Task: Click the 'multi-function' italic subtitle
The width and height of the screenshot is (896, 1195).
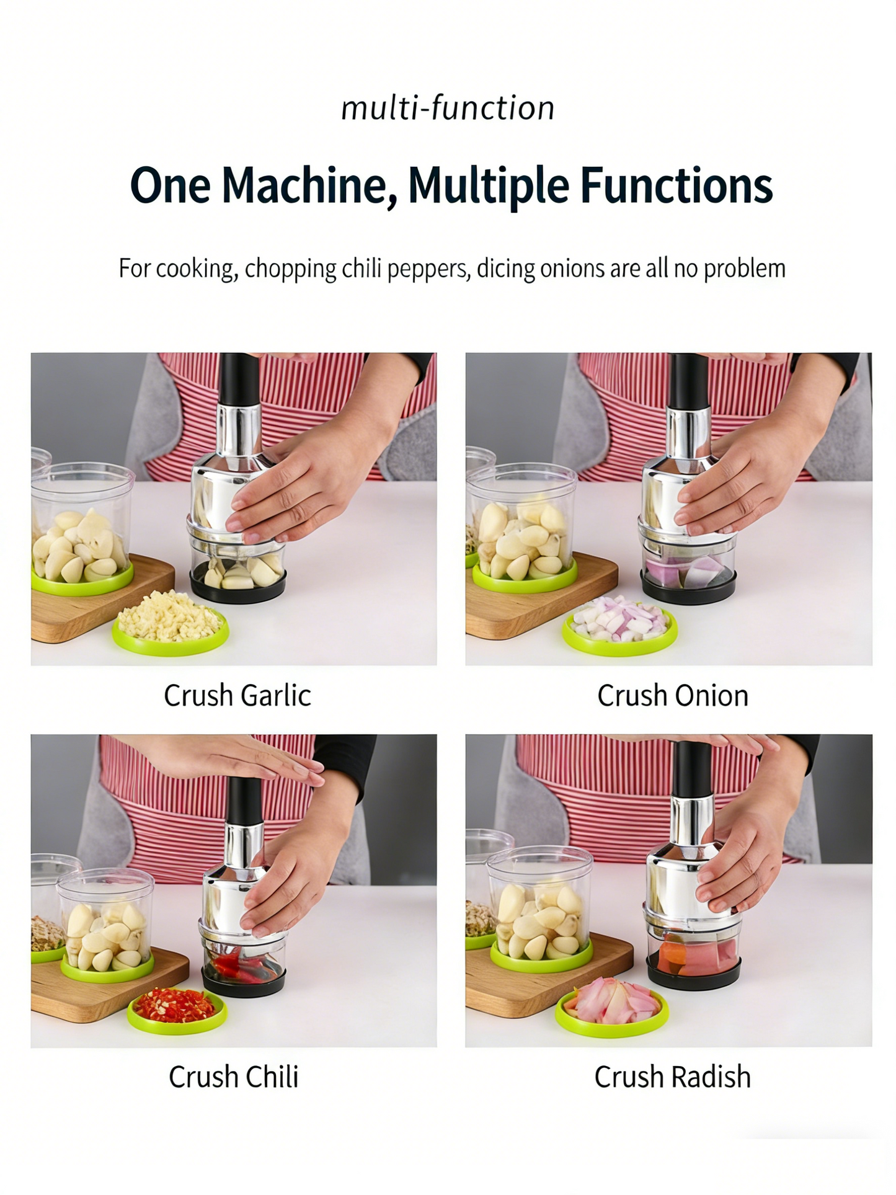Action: (x=448, y=109)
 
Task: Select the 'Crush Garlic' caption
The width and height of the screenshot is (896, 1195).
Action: (x=237, y=696)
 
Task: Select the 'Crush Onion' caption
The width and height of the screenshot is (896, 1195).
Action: (x=672, y=696)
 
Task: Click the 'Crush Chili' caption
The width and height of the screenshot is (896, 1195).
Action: (x=233, y=1077)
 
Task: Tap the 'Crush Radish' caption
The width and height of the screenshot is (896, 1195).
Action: (x=672, y=1077)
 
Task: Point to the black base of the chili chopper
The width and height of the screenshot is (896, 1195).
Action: (x=244, y=982)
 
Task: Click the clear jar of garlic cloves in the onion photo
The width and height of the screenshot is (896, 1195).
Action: (x=522, y=527)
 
